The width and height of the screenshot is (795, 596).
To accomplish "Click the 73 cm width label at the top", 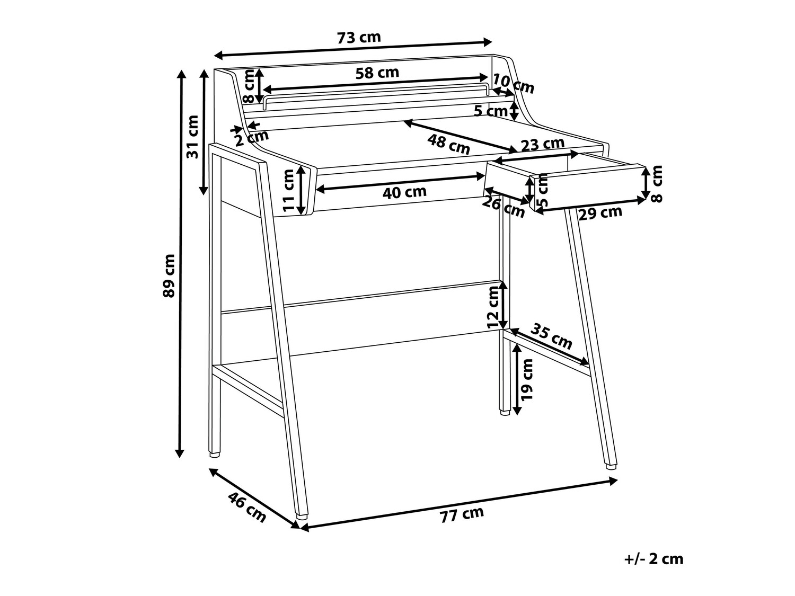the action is point(359,37).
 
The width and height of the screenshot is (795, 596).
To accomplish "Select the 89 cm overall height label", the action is point(169,275).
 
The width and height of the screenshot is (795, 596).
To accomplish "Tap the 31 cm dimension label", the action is point(192,137).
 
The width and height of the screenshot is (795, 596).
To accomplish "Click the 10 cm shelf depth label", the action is point(514,84).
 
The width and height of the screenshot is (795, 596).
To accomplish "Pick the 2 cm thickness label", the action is point(251,138).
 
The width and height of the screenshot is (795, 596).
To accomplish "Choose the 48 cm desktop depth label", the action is point(448,144).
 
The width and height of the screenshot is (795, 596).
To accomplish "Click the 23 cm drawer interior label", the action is point(543,144).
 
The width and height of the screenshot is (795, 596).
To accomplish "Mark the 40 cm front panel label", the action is point(404,192).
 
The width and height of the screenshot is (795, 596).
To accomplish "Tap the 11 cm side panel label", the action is point(289,190).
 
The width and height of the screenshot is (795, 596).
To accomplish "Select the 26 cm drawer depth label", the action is point(503,208).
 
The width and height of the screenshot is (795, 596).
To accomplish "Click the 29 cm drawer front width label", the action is point(600,213).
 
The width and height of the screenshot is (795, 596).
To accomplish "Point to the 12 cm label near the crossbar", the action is point(493,307).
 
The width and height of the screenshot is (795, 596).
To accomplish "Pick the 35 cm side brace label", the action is point(551,336).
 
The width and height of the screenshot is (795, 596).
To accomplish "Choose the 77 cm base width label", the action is point(462,514).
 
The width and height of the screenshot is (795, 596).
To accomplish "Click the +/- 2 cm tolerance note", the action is point(654,569).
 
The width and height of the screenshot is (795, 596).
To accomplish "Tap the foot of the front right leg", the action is point(611,467).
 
